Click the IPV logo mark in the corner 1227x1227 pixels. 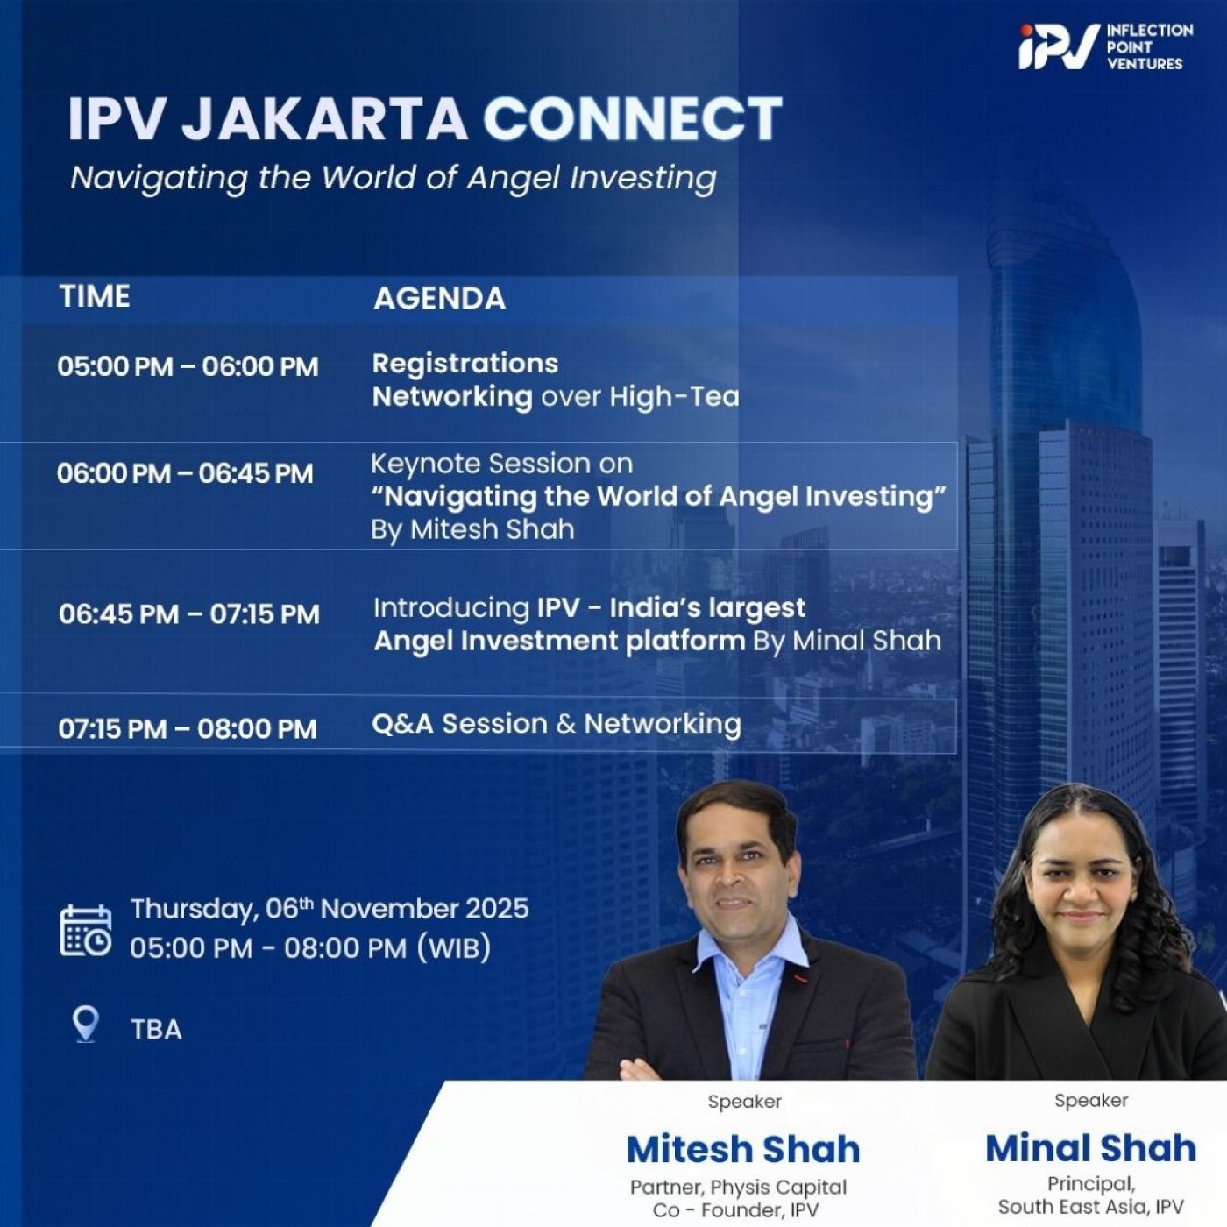pos(1058,46)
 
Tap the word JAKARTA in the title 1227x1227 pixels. pos(324,119)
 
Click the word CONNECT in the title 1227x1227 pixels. pos(632,119)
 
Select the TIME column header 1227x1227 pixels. pos(95,296)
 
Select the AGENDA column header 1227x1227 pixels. pos(439,299)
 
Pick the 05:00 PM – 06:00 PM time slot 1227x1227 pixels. pos(188,366)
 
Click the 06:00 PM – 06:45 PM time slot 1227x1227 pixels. pos(185,473)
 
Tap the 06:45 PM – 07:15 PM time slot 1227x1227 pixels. pos(189,614)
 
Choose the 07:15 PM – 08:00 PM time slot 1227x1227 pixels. pos(188,728)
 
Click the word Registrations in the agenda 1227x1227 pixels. pos(465,364)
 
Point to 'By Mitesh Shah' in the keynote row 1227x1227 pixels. pos(472,529)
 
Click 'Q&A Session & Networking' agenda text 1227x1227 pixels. pos(556,724)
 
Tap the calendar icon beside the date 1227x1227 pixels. pos(86,930)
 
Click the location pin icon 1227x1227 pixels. pos(85,1023)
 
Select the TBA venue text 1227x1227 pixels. pos(156,1029)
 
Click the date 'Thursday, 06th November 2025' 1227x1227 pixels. pos(330,909)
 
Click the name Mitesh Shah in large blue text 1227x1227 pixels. pos(743,1149)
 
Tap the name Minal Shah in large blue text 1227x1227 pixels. pos(1090,1148)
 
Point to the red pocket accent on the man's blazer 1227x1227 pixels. pos(798,976)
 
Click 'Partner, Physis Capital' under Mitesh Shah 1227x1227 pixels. pos(738,1188)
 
